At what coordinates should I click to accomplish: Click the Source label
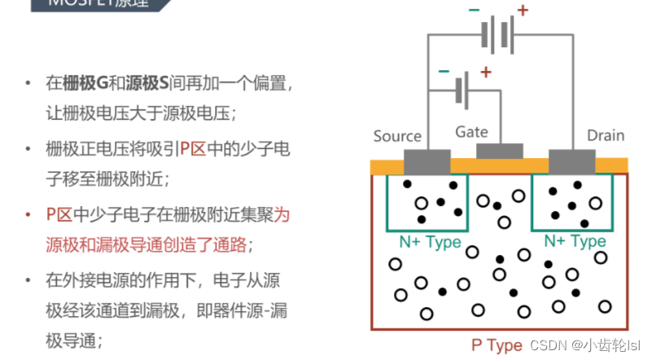[x=397, y=136]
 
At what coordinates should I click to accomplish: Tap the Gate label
[x=471, y=131]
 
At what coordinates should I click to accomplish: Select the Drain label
[x=606, y=135]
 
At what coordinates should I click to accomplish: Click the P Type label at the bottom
[x=497, y=345]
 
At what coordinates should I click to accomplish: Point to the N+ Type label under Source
[x=430, y=242]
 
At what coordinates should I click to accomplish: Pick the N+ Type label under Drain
[x=575, y=241]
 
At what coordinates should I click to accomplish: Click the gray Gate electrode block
[x=499, y=151]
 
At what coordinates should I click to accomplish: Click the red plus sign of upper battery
[x=522, y=11]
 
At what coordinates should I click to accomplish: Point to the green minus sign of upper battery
[x=474, y=11]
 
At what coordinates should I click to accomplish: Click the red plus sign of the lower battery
[x=486, y=72]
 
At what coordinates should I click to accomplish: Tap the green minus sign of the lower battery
[x=444, y=71]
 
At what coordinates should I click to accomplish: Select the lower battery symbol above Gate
[x=463, y=89]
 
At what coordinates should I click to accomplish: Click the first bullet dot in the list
[x=28, y=83]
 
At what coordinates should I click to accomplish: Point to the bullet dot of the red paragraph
[x=28, y=216]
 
